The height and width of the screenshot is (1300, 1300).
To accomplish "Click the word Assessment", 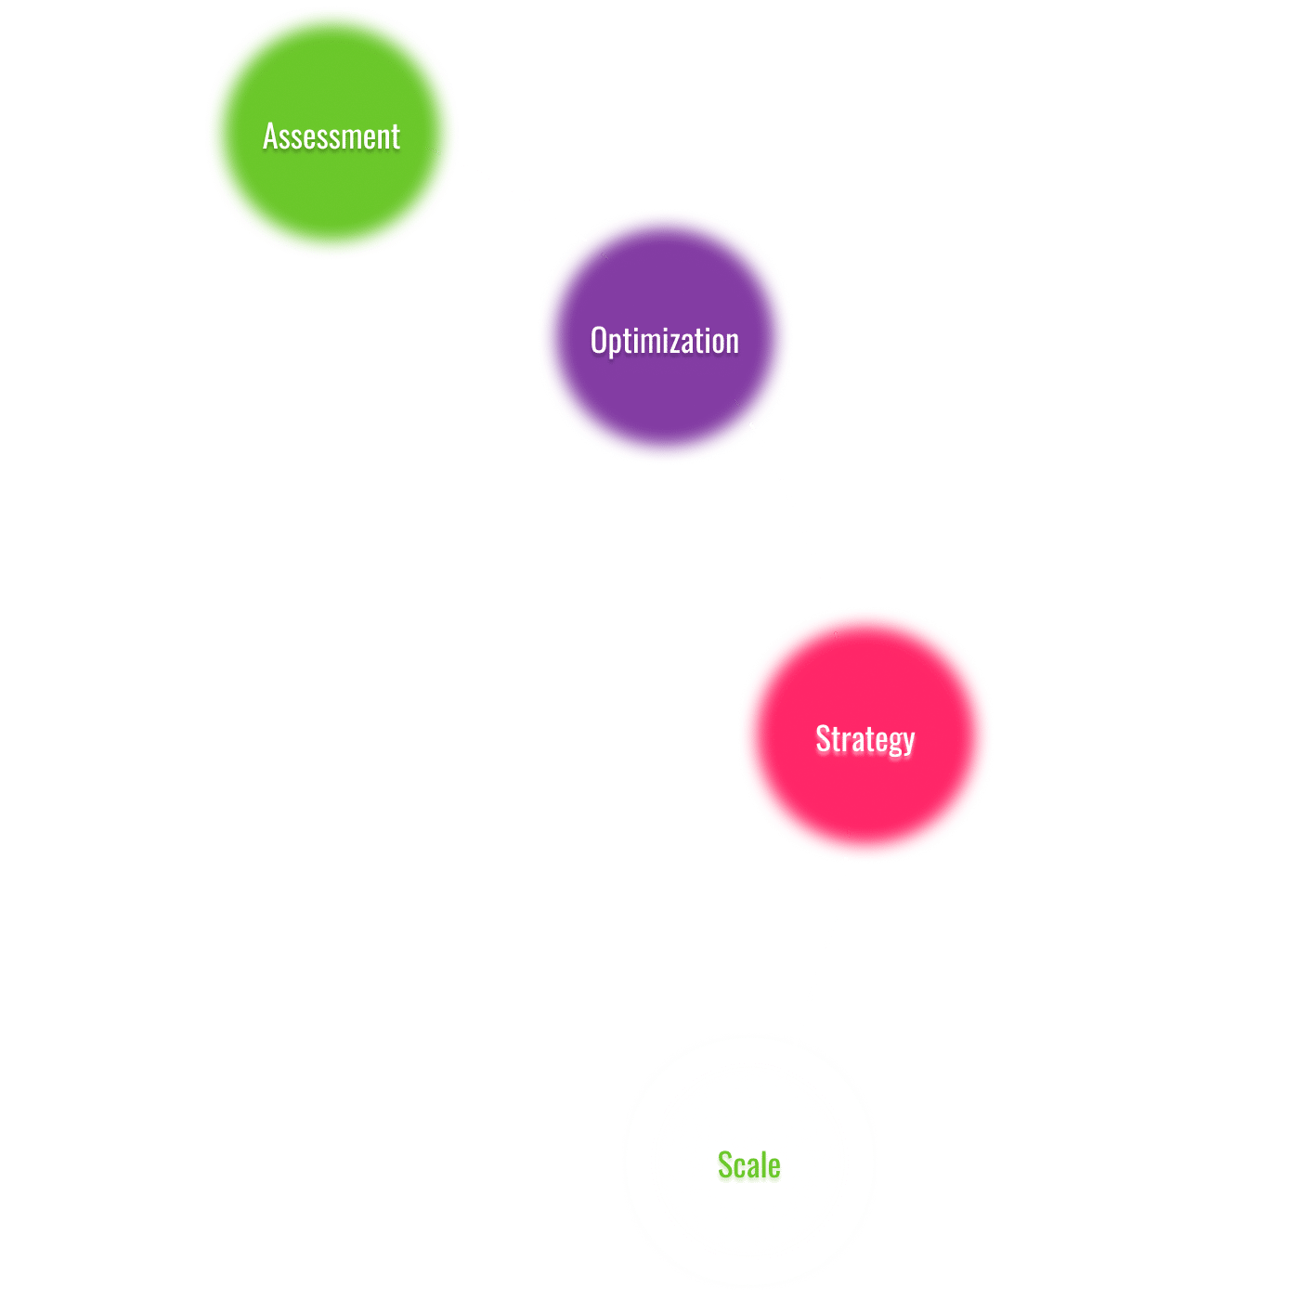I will coord(331,136).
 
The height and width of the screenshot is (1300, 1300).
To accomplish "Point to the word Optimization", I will coord(665,341).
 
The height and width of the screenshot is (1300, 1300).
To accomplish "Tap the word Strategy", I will coord(865,739).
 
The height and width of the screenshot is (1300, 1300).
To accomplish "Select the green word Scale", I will coord(749,1165).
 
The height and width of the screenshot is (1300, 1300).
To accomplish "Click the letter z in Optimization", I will coord(685,342).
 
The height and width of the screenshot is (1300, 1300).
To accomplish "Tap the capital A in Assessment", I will coord(271,136).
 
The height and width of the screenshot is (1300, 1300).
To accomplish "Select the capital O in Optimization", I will coord(599,341).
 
